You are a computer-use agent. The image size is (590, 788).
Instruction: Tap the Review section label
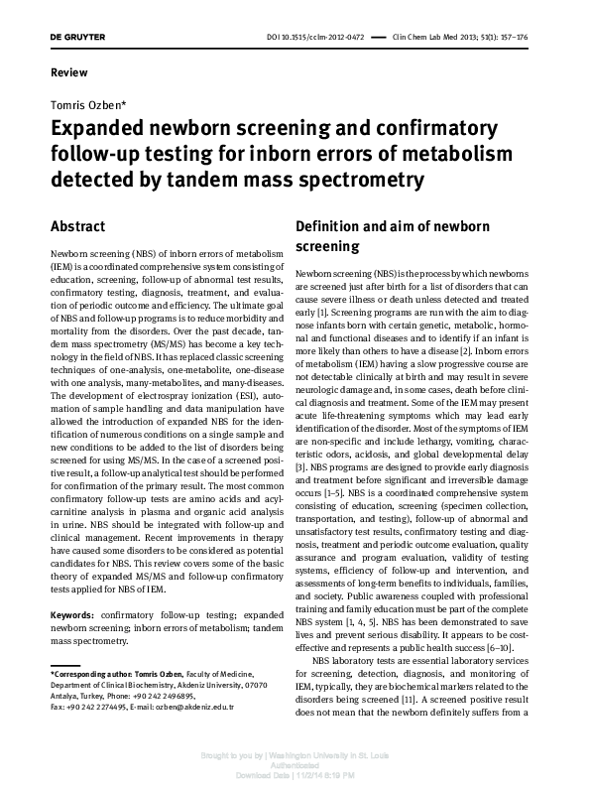pos(68,72)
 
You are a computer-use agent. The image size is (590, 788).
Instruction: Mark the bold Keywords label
pos(73,588)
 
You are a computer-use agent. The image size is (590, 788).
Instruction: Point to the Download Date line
pos(295,775)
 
